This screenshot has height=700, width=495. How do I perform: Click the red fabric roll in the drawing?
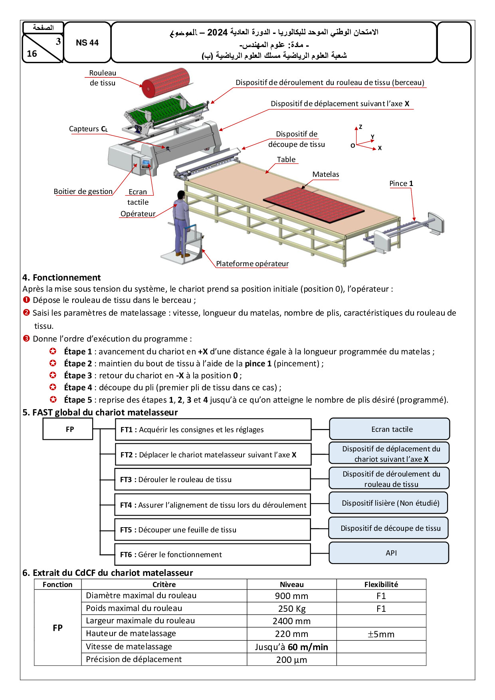tap(165, 83)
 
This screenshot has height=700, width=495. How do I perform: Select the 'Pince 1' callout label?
tap(401, 184)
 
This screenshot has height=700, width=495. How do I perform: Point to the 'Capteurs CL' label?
tap(88, 129)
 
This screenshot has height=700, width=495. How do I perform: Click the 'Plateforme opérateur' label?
tap(252, 264)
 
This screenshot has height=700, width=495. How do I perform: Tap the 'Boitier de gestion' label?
tap(83, 192)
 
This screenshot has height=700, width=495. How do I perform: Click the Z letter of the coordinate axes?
tap(360, 127)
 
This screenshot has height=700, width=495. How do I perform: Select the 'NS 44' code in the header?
tap(87, 43)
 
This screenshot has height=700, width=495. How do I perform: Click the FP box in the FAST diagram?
tap(68, 429)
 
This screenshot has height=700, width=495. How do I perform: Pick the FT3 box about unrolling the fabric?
tap(213, 479)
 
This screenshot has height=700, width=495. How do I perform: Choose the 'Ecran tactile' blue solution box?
tap(390, 429)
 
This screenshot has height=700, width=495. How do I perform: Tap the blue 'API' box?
tap(389, 553)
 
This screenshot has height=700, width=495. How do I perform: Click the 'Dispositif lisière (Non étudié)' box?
tap(388, 503)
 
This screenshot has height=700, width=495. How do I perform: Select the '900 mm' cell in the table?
tap(292, 596)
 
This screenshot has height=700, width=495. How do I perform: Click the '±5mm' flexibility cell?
tap(381, 634)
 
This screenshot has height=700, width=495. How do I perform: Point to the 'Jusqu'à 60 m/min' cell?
tap(292, 647)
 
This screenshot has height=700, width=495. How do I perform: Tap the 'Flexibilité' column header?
tap(381, 584)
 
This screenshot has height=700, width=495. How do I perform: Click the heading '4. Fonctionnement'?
tap(61, 277)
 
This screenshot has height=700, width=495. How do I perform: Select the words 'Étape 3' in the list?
tap(78, 376)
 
